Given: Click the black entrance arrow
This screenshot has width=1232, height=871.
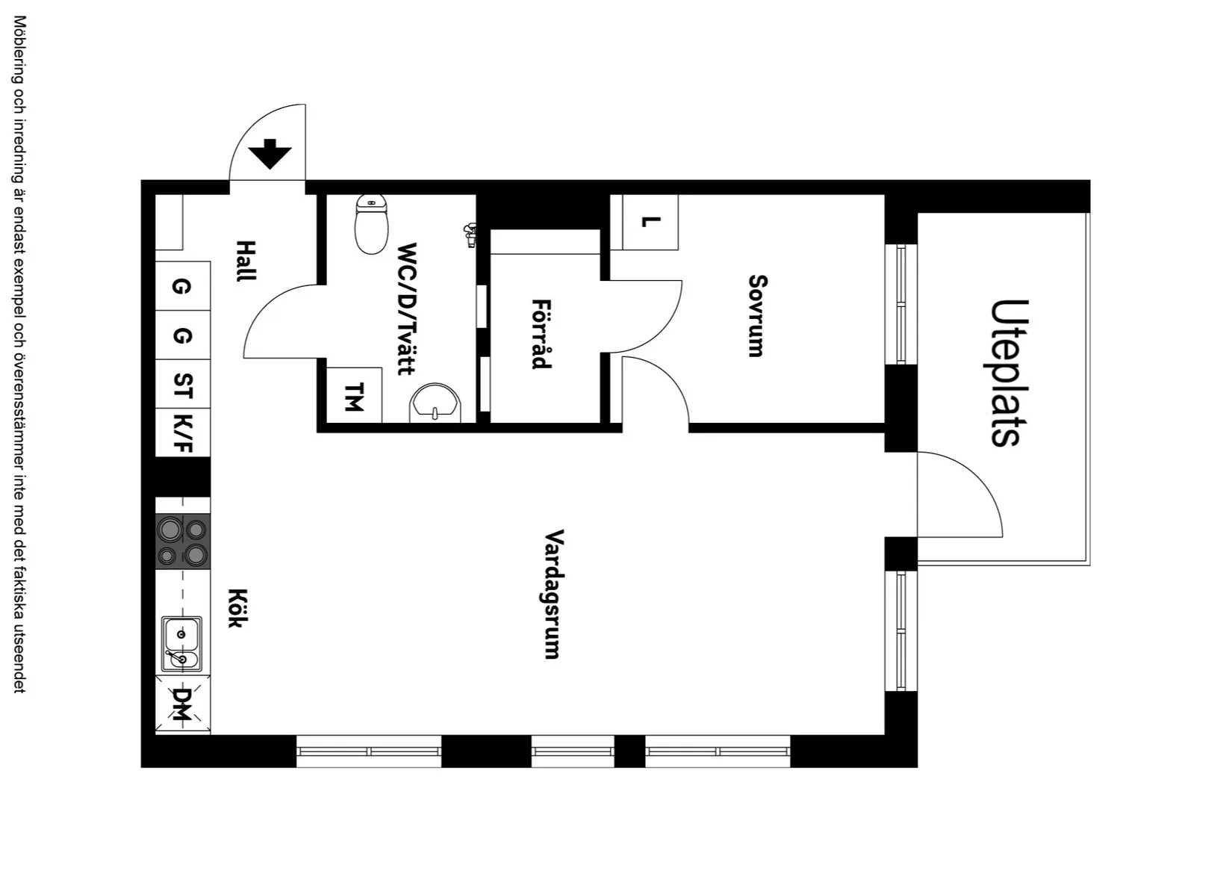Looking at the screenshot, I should pyautogui.click(x=270, y=154).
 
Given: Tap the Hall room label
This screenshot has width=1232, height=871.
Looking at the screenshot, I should pyautogui.click(x=246, y=261).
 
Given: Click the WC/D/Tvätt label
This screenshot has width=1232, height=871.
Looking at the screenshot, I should pyautogui.click(x=407, y=308).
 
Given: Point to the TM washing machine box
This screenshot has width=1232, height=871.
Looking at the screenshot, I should pyautogui.click(x=354, y=396).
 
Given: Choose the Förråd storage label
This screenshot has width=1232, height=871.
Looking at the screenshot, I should pyautogui.click(x=541, y=334).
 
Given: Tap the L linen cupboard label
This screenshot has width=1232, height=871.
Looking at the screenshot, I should pyautogui.click(x=650, y=222).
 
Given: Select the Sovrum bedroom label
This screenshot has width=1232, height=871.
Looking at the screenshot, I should pyautogui.click(x=757, y=315).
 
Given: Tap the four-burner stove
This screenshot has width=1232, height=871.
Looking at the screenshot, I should pyautogui.click(x=182, y=542).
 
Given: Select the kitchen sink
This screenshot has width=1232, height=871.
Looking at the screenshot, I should pyautogui.click(x=181, y=644).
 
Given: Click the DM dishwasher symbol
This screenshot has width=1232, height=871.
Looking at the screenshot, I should pyautogui.click(x=182, y=704).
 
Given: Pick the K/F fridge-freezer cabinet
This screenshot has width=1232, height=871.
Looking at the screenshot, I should pyautogui.click(x=183, y=433).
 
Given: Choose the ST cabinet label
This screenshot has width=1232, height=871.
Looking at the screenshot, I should pyautogui.click(x=183, y=385).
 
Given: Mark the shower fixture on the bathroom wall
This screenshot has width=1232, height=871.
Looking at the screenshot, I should pyautogui.click(x=470, y=235).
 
